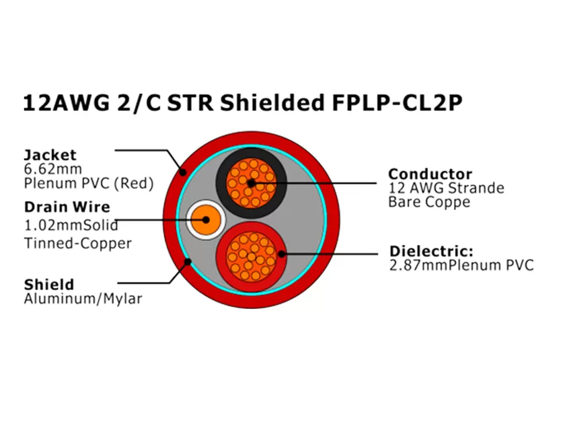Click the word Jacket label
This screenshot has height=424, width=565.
pos(50,155)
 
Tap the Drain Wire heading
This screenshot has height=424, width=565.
pos(67,207)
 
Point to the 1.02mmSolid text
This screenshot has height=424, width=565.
pos(71,225)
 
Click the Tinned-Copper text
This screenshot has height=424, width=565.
pos(77,243)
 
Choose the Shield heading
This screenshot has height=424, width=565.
pos(48,284)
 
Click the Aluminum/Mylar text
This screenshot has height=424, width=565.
pos(83,298)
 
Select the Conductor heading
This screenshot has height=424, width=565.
pos(430,174)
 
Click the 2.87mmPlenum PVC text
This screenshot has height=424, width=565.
pos(461,265)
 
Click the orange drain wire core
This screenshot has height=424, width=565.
pos(204,219)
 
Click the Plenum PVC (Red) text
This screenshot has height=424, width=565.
pos(89,183)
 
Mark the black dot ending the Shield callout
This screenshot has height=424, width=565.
pos(190,262)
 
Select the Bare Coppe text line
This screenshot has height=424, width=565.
pos(428,202)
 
